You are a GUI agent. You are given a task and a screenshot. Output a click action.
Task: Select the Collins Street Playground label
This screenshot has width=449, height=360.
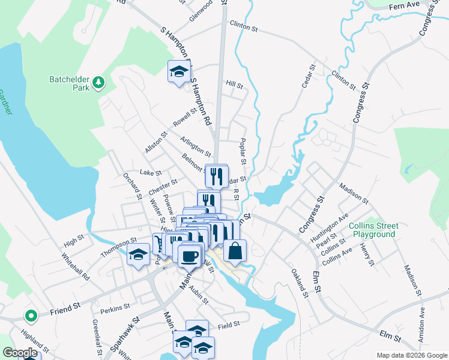tap(372, 230)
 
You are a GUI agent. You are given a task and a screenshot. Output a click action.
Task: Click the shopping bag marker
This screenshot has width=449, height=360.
tap(235, 250)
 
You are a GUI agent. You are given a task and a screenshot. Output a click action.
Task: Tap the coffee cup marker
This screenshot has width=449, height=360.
tap(190, 256)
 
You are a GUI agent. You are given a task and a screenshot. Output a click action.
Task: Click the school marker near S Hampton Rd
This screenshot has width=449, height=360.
tap(178, 73)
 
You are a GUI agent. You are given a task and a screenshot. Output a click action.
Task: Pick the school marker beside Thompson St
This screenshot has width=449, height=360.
tap(138, 254)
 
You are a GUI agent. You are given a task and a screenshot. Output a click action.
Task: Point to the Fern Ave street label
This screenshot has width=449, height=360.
tap(403, 5)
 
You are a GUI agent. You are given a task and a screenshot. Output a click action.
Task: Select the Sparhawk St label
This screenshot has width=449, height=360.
tap(125, 332)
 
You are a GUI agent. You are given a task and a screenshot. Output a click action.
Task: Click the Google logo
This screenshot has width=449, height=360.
tap(20, 353)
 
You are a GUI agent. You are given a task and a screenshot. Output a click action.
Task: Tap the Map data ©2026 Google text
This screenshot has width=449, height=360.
tap(411, 355)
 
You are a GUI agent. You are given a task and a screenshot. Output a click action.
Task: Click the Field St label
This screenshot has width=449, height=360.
tap(229, 325)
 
